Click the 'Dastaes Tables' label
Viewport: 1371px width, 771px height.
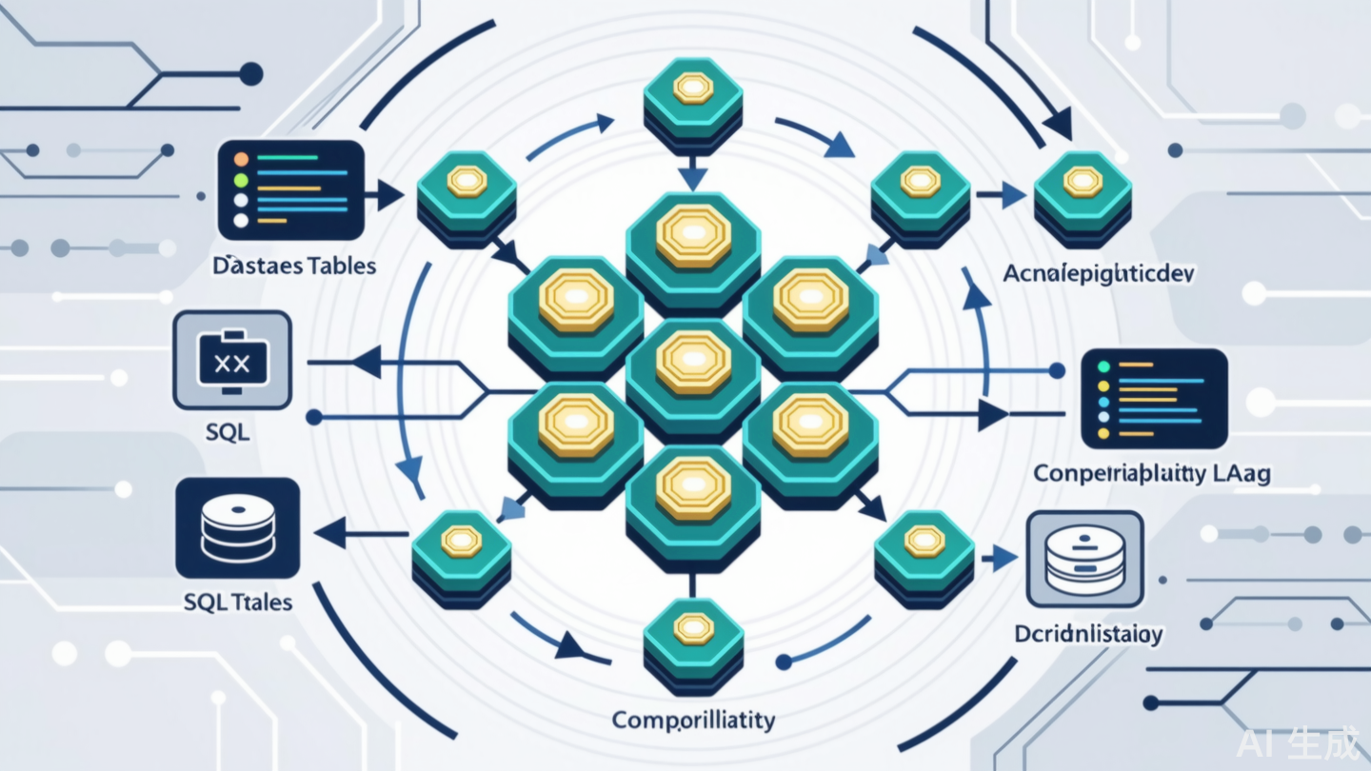click(294, 265)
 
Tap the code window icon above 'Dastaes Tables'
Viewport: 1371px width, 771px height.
click(291, 189)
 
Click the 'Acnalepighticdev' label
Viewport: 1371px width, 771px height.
click(1099, 273)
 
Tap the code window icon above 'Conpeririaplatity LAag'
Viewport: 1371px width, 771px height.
click(1154, 398)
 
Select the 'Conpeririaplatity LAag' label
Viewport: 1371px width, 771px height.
click(1152, 473)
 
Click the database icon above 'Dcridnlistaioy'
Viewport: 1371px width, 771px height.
click(1084, 559)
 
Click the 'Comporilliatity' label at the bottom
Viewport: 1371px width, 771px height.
click(693, 719)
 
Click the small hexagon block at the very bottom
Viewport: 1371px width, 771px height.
click(693, 641)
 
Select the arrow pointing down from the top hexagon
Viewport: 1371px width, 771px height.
click(693, 177)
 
